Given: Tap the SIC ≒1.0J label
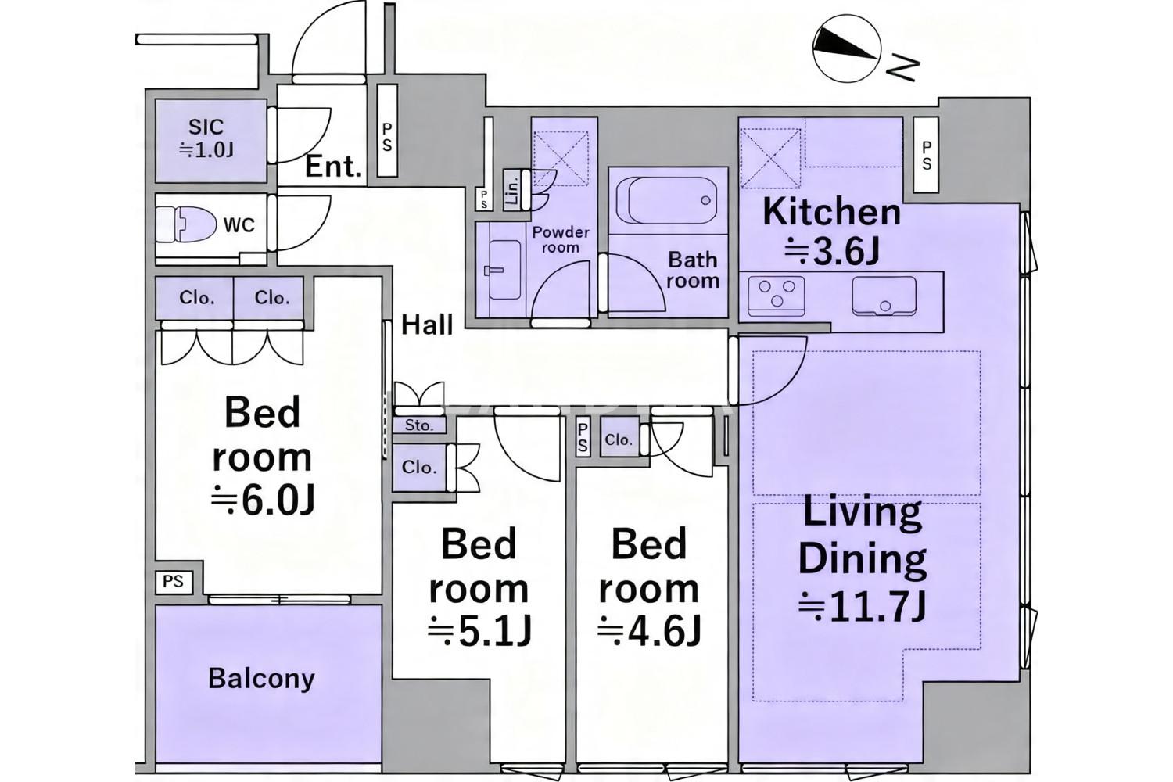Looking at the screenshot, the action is [206, 138].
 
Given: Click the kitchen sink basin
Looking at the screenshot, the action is [884, 296].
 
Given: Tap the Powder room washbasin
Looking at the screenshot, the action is [504, 271].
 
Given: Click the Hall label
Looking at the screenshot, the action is [427, 325].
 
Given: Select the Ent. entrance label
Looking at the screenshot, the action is [334, 167].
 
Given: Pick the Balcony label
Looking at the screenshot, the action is [261, 679].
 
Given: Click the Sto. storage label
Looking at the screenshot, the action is [419, 425].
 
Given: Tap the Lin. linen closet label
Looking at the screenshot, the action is [513, 189].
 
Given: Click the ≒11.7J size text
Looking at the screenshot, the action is [863, 606].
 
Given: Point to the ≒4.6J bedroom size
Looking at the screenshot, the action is [649, 632].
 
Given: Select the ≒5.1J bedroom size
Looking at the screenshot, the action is [479, 632].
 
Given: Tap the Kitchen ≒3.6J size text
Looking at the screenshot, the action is [831, 252].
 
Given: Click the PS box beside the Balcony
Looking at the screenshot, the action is [174, 581].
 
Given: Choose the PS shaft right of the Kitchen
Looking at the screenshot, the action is [926, 155].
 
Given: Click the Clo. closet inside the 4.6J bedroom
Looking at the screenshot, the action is [619, 439].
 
